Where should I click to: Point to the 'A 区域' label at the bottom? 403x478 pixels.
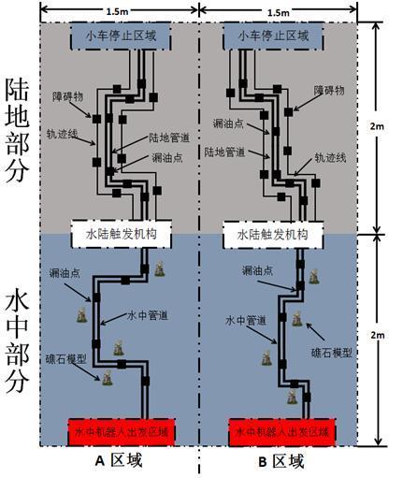120,462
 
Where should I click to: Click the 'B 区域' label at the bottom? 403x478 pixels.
280,462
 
